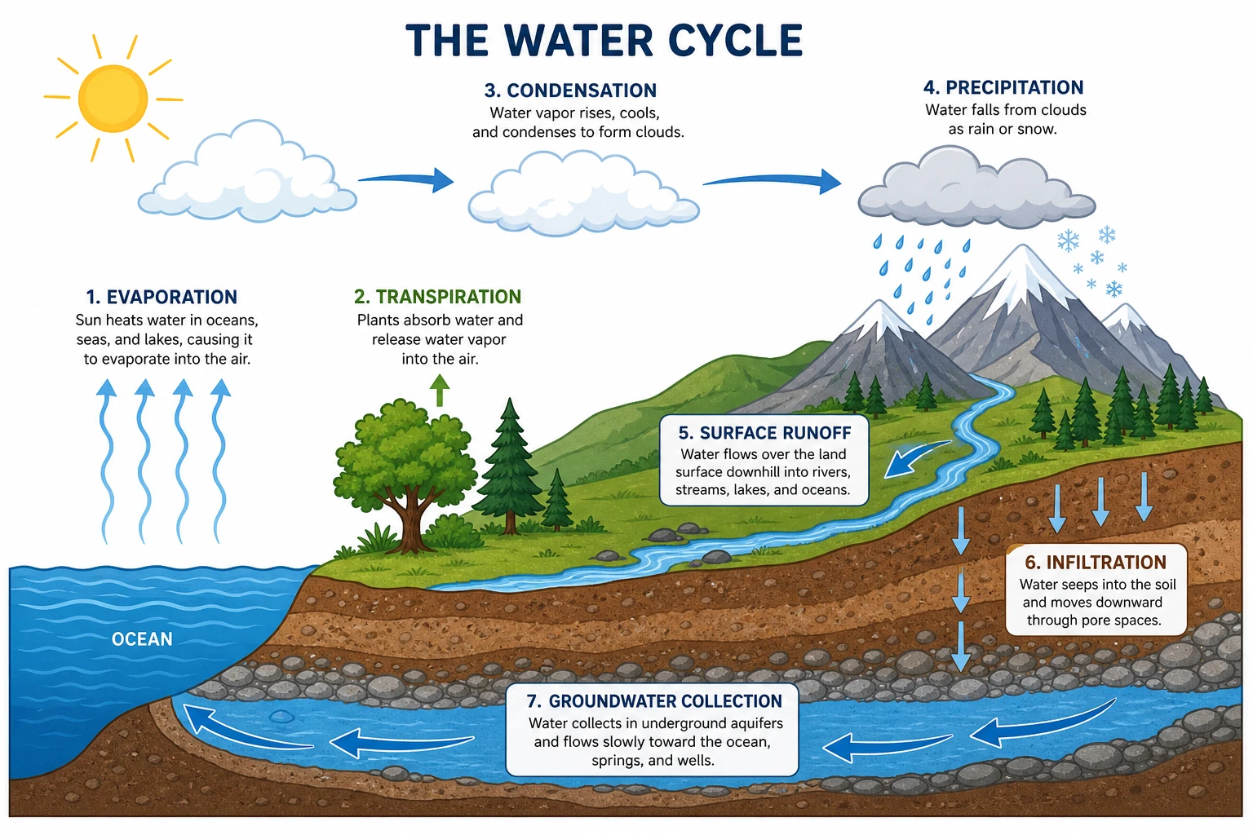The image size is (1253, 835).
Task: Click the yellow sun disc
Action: pyautogui.click(x=113, y=99)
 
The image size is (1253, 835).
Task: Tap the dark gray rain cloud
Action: pyautogui.click(x=976, y=188)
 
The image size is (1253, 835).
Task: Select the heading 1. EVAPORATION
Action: pyautogui.click(x=162, y=297)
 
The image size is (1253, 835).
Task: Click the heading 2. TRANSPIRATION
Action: pyautogui.click(x=437, y=297)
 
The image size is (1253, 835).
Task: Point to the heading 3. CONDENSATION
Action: pyautogui.click(x=570, y=90)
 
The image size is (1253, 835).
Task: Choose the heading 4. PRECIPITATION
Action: pyautogui.click(x=1003, y=87)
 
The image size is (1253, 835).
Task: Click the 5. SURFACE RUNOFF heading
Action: pyautogui.click(x=764, y=433)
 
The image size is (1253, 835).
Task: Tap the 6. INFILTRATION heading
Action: pyautogui.click(x=1096, y=562)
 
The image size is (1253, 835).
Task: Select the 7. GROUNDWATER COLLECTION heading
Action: pyautogui.click(x=654, y=700)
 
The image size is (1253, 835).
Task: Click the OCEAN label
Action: pyautogui.click(x=142, y=639)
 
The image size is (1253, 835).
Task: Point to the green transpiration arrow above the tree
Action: pyautogui.click(x=440, y=390)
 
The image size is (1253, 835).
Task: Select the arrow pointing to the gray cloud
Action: pyautogui.click(x=773, y=180)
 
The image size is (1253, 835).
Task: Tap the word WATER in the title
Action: pyautogui.click(x=578, y=40)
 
